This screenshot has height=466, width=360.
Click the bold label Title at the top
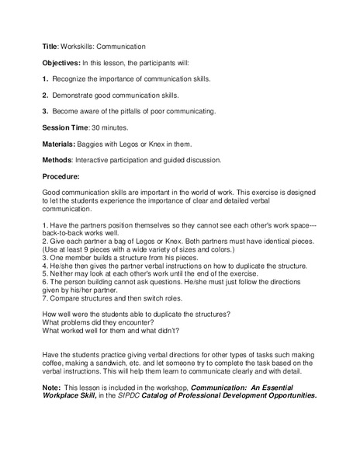click(50, 47)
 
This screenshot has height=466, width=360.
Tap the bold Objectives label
click(61, 62)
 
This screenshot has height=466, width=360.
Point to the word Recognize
click(72, 78)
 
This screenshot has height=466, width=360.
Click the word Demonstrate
click(76, 95)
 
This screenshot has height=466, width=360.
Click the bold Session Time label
click(66, 127)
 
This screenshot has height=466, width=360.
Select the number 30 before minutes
click(96, 127)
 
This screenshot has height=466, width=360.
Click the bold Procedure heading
click(61, 176)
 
